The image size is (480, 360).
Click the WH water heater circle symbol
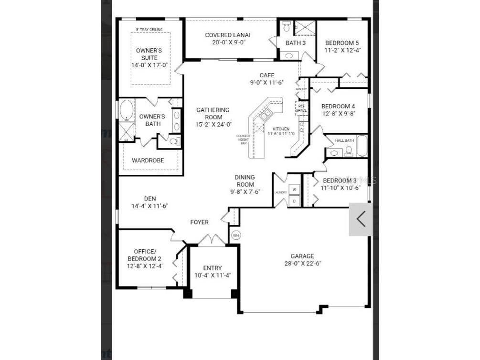[236, 235]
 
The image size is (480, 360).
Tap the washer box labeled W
[294, 190]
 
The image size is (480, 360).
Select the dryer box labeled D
[294, 201]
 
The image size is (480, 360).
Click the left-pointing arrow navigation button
[361, 219]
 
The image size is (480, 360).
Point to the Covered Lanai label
[227, 35]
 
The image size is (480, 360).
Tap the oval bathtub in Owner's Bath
[127, 110]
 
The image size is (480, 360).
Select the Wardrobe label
[148, 160]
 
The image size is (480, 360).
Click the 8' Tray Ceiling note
[149, 30]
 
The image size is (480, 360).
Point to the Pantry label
[301, 89]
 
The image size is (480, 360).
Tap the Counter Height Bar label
[243, 139]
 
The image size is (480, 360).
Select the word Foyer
[199, 222]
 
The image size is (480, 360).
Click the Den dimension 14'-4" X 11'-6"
[149, 206]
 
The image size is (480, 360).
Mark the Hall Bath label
[344, 140]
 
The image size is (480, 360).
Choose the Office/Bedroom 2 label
[145, 255]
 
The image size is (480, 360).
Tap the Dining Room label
[245, 181]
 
